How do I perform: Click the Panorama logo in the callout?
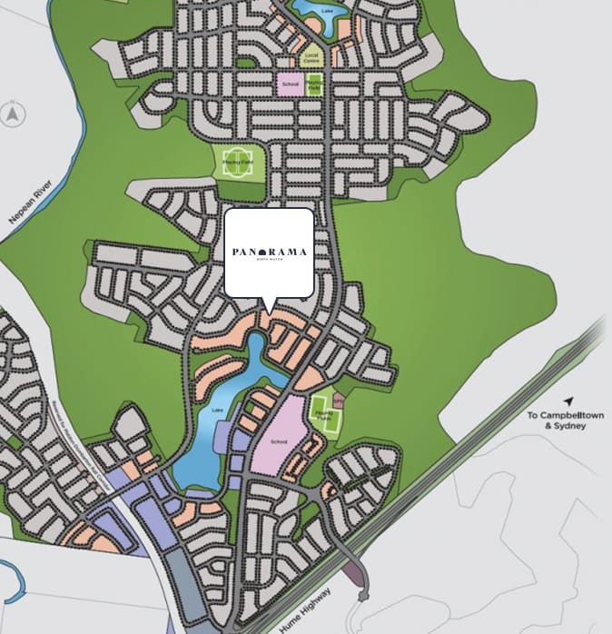click(269, 252)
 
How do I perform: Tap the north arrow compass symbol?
click(13, 115)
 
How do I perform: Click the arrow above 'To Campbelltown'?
click(568, 401)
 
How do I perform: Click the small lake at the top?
click(313, 12)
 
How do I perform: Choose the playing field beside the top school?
click(313, 84)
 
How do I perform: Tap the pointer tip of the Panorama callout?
click(269, 313)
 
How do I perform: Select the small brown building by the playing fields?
click(339, 399)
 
